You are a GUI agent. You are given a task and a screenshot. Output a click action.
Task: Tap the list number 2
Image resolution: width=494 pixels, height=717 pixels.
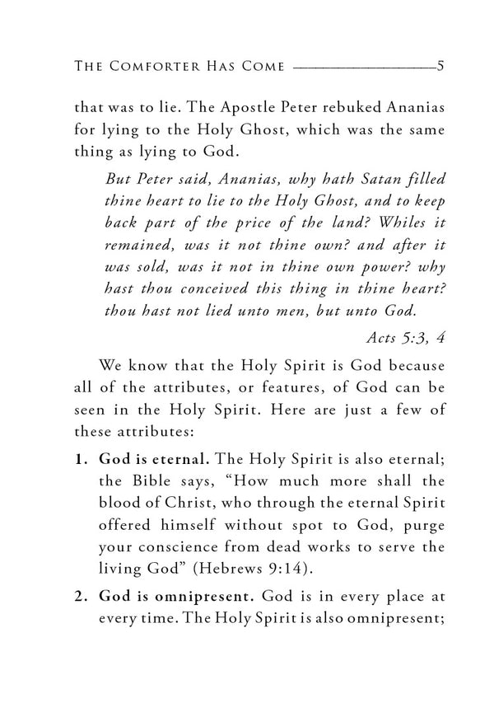[x=80, y=592]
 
